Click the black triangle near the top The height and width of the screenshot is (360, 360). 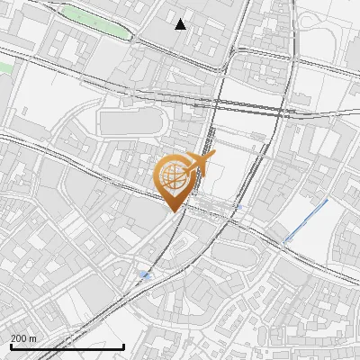[x=181, y=24]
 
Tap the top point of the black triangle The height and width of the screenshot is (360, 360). [x=181, y=19]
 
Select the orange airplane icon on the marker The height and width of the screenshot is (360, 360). [x=202, y=164]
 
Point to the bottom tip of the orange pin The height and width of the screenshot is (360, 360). [x=173, y=213]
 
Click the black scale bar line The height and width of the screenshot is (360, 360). [x=67, y=346]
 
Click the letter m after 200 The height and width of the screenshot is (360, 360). [x=33, y=338]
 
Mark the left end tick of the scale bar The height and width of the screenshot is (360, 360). [x=10, y=345]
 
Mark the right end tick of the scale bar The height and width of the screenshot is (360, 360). [x=123, y=345]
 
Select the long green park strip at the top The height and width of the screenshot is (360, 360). [x=94, y=21]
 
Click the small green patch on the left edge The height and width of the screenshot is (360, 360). [x=4, y=67]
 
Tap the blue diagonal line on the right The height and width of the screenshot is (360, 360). [x=306, y=220]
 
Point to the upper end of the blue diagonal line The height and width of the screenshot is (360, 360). [x=327, y=201]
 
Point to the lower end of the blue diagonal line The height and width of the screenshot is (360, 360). [x=285, y=240]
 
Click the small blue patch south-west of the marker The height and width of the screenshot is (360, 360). [x=144, y=274]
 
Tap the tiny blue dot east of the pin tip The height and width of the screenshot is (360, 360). [x=237, y=207]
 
